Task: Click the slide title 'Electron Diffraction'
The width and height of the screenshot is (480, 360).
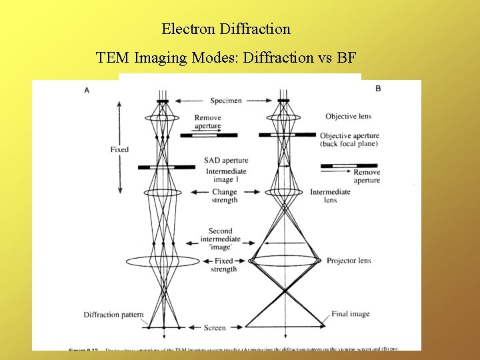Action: click(226, 29)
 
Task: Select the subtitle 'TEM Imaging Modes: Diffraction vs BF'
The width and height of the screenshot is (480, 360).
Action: click(226, 57)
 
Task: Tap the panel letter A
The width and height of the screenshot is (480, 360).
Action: click(87, 90)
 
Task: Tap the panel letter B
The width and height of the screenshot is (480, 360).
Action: click(378, 89)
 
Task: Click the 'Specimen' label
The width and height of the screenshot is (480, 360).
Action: click(226, 101)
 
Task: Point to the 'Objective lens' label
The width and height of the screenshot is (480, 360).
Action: click(348, 117)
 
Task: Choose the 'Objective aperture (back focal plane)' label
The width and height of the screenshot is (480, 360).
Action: click(349, 139)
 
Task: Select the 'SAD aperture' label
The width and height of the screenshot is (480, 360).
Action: click(226, 161)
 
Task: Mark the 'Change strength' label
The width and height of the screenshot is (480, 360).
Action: click(225, 196)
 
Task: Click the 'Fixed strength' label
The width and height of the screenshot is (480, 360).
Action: click(224, 265)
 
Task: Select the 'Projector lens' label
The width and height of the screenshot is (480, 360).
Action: click(349, 261)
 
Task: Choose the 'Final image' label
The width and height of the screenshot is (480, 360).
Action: click(351, 315)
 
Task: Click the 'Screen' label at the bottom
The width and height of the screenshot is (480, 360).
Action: click(215, 328)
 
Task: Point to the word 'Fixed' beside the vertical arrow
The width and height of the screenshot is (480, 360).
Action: click(119, 150)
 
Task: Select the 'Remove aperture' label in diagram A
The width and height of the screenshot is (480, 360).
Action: click(208, 122)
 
